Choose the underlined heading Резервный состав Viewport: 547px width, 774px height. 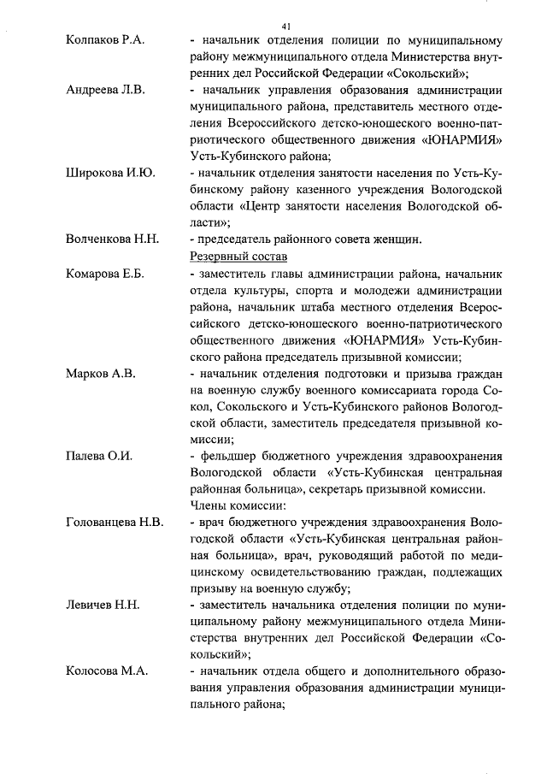[x=238, y=257]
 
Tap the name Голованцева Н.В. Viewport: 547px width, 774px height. [x=115, y=523]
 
